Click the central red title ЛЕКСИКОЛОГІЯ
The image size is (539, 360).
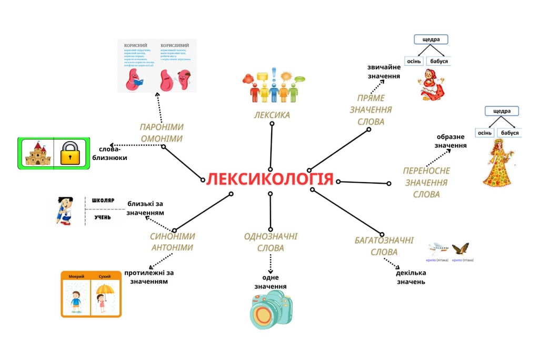[270, 179]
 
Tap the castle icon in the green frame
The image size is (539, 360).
[37, 153]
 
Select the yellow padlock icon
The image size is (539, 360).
[72, 153]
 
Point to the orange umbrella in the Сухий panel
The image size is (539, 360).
[105, 290]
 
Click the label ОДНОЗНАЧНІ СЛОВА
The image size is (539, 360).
[271, 242]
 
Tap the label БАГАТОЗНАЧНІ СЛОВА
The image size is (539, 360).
[384, 246]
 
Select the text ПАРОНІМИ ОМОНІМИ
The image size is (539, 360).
[161, 133]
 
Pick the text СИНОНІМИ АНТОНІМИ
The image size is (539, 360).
[172, 242]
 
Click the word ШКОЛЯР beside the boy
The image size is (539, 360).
[103, 201]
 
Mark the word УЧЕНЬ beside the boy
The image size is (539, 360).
[103, 217]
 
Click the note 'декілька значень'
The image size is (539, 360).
[411, 277]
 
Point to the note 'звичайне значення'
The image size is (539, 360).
[384, 72]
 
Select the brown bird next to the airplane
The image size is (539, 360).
[460, 248]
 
